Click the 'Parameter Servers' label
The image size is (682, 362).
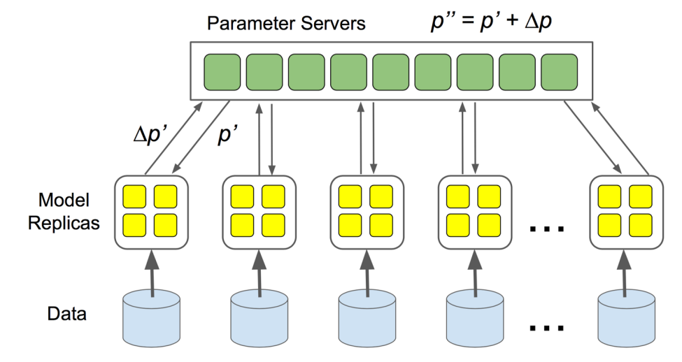[x=286, y=23]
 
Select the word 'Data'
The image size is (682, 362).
[x=67, y=313]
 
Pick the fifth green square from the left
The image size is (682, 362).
[x=390, y=73]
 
